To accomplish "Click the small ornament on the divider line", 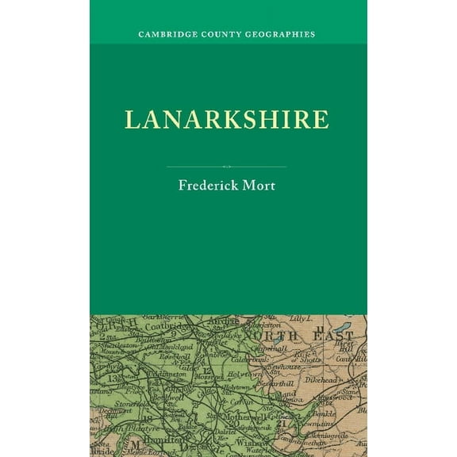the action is click(x=227, y=167).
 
